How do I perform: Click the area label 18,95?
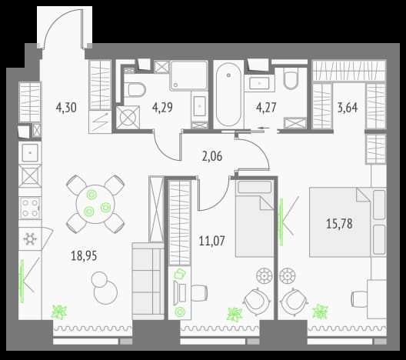(84, 255)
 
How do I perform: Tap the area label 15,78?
(339, 224)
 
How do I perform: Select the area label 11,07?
(212, 241)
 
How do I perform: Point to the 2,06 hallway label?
(212, 156)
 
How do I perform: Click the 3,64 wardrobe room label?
(348, 108)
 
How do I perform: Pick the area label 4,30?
(66, 108)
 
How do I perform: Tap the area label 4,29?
(162, 108)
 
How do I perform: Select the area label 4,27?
(266, 108)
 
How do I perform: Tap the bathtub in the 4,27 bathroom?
(228, 95)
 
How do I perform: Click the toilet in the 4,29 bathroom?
(135, 89)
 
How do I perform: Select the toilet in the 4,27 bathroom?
(291, 78)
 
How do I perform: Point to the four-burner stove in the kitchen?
(30, 208)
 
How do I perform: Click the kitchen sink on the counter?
(30, 152)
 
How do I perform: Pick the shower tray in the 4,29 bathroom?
(189, 75)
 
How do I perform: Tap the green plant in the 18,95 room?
(59, 312)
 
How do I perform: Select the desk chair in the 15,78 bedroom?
(359, 298)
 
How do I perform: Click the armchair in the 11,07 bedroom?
(258, 302)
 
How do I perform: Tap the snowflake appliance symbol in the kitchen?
(30, 238)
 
